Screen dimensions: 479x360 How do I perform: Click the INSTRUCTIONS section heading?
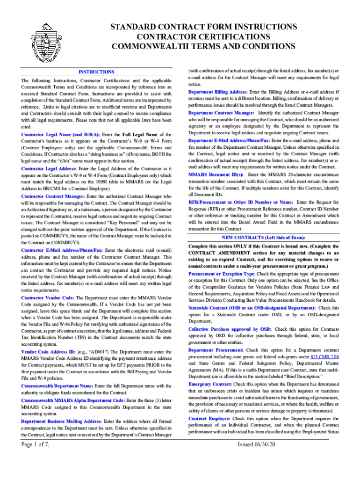coord(96,72)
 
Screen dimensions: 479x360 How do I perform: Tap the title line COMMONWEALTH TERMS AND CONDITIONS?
coord(203,46)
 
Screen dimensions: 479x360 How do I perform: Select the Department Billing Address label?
coord(218,92)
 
